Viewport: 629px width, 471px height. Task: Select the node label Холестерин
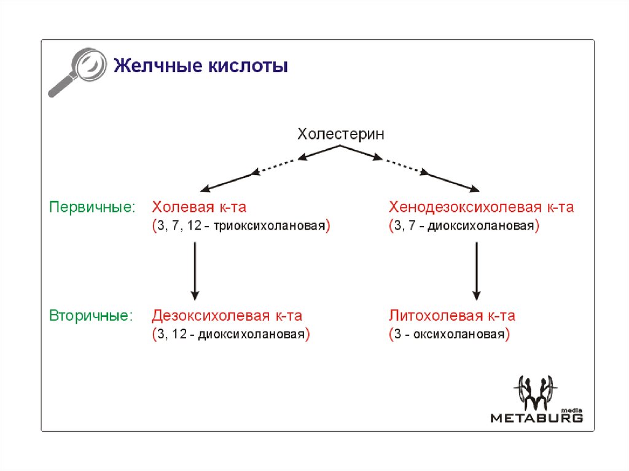341,134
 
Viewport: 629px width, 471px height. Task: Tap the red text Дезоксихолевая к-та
227,316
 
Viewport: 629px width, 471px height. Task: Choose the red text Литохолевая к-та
451,316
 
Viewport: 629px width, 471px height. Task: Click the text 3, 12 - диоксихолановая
231,336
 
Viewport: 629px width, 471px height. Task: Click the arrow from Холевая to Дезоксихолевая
195,270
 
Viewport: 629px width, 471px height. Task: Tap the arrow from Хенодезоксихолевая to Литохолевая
477,270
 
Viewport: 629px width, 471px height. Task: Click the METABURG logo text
536,418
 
